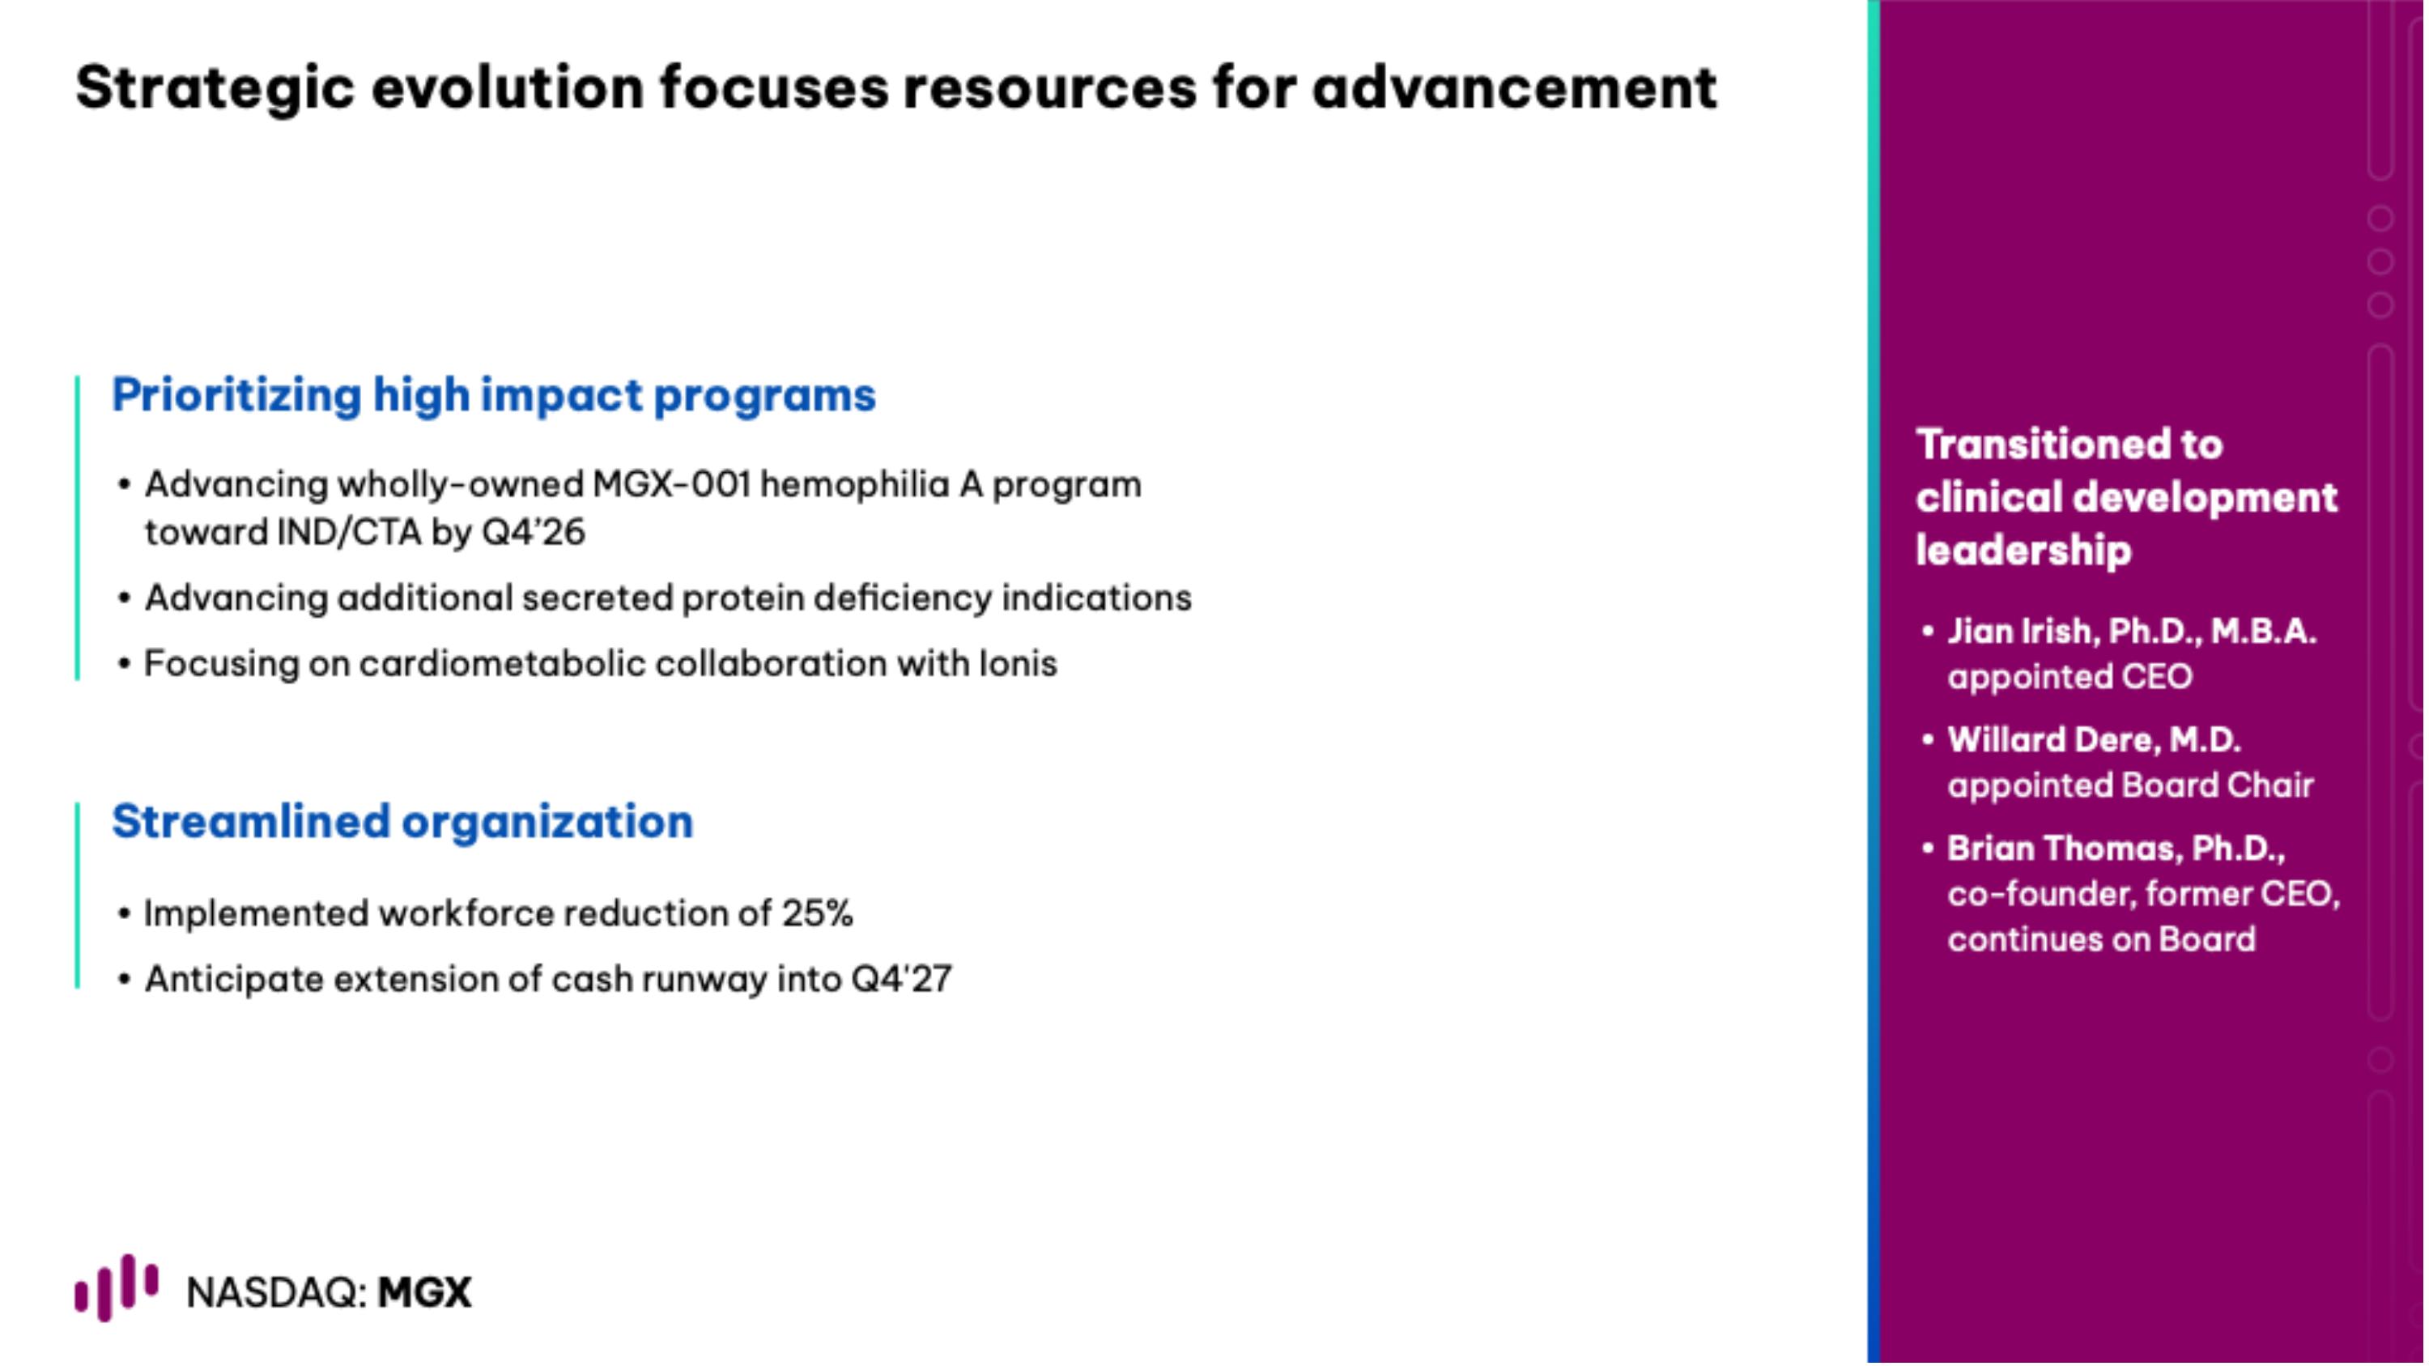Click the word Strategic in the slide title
pos(215,87)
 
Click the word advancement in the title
pos(1513,87)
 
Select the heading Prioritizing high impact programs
pos(493,394)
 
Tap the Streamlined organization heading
pos(402,821)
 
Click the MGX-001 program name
pos(671,484)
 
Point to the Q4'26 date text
pos(533,533)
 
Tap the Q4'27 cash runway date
pos(901,978)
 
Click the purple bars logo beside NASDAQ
pos(116,1287)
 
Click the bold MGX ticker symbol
pos(424,1292)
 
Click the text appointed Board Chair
pos(2129,785)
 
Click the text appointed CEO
pos(2069,676)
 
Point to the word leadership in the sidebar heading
pos(2023,550)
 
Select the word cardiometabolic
pos(502,664)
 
